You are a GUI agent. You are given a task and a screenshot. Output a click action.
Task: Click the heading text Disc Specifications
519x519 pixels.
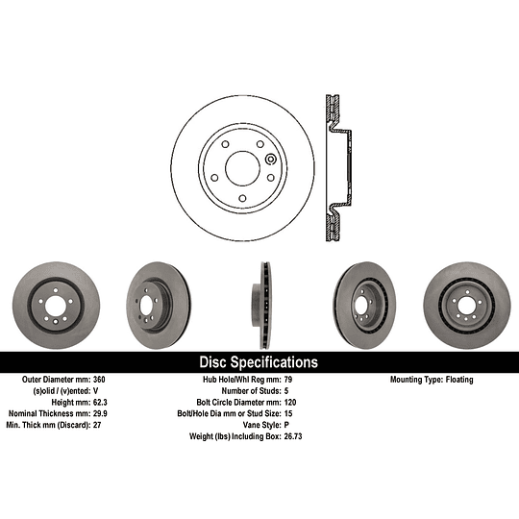tap(258, 362)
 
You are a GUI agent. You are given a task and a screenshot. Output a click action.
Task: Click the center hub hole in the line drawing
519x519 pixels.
tap(242, 161)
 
